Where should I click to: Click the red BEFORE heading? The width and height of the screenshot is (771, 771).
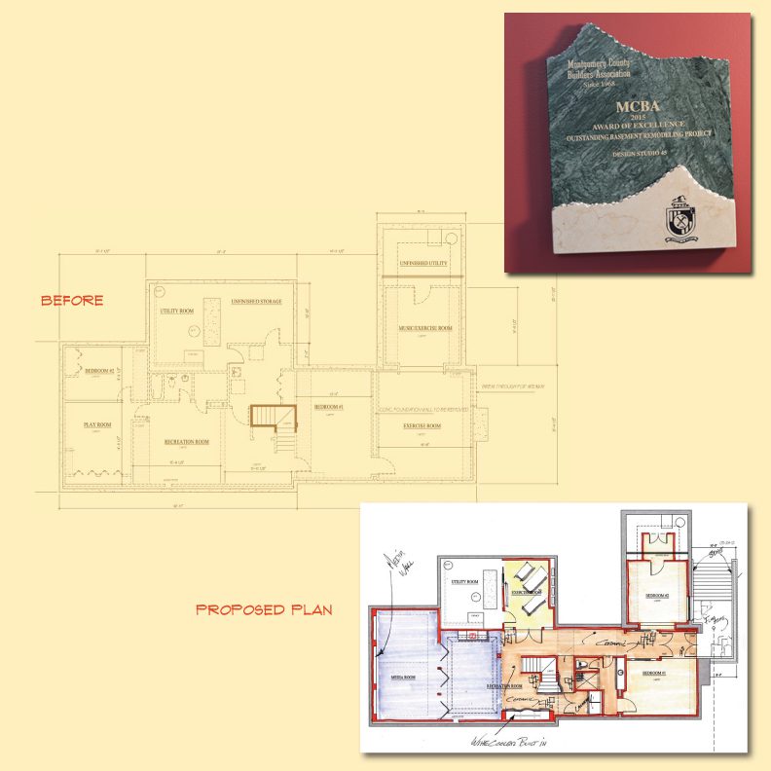coord(71,301)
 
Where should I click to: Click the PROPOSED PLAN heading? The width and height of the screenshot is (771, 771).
coord(265,610)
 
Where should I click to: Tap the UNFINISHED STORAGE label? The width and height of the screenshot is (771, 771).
coord(256,302)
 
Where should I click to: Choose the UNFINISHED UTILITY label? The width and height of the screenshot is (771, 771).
coord(422,264)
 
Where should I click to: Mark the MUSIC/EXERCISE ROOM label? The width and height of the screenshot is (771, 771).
coord(425,328)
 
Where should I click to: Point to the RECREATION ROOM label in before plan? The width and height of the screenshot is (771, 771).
coord(187,441)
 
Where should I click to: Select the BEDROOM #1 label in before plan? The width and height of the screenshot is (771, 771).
coord(325,406)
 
